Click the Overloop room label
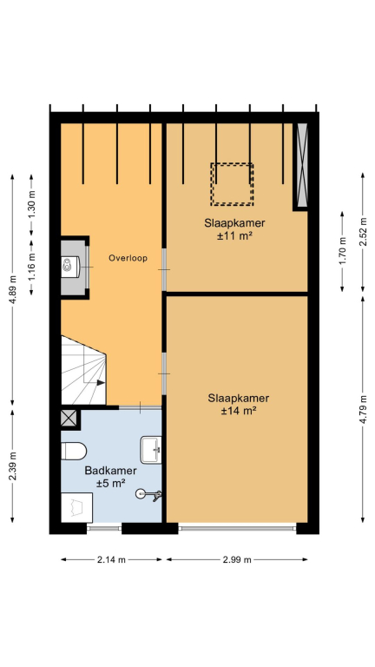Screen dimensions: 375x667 click(128, 258)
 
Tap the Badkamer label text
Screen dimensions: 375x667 click(110, 471)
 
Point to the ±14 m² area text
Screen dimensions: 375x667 click(238, 412)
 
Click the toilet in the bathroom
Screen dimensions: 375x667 click(74, 451)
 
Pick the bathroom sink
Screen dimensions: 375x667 click(151, 450)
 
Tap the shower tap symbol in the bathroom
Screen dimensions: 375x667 click(148, 494)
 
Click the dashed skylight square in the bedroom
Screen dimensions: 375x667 click(232, 184)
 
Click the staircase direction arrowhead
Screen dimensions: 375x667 click(101, 382)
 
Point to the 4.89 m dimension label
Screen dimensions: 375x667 click(13, 290)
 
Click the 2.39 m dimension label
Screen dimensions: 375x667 click(13, 466)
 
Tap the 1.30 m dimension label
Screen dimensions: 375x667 click(31, 208)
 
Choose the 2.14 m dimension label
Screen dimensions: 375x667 click(111, 560)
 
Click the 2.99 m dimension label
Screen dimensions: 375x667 click(237, 560)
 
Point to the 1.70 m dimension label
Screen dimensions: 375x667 click(343, 250)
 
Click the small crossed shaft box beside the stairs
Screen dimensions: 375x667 click(69, 418)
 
